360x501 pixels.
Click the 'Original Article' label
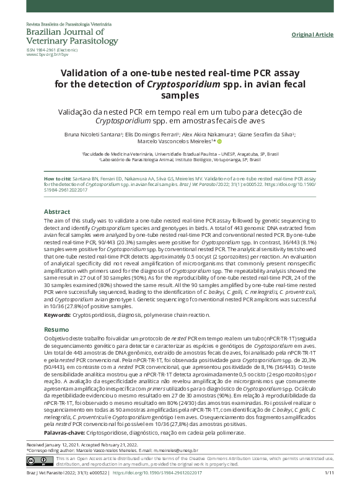point(313,35)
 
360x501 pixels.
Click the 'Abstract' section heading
point(56,211)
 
